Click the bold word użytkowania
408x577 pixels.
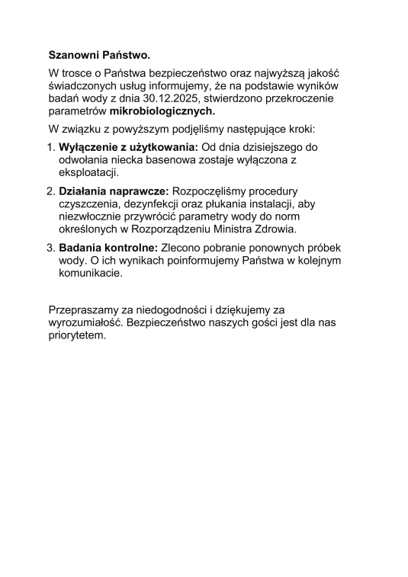(162, 146)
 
